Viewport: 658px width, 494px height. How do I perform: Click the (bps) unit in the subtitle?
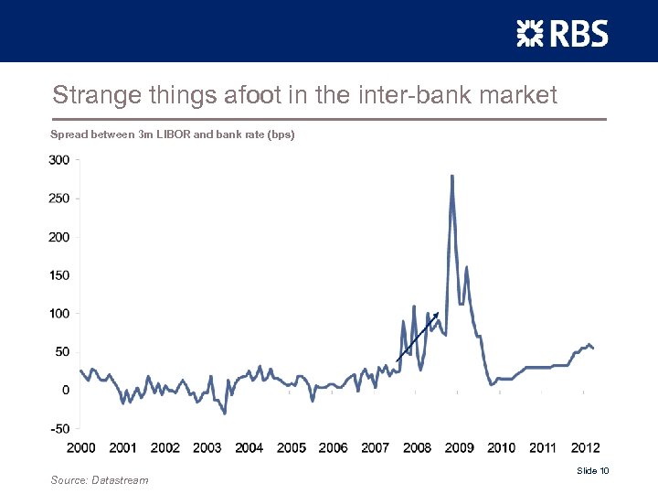[279, 134]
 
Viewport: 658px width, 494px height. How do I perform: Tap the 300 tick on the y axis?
[58, 159]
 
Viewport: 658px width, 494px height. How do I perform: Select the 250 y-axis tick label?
[58, 198]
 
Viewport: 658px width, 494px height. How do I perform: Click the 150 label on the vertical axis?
[58, 274]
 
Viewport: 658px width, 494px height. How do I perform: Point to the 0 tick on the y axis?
[66, 390]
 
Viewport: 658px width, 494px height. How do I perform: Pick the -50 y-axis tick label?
[59, 428]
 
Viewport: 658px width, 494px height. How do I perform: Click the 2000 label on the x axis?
[80, 448]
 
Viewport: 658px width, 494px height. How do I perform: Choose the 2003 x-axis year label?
[207, 448]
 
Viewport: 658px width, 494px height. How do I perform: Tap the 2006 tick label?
[333, 448]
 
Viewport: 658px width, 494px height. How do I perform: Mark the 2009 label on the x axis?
[459, 448]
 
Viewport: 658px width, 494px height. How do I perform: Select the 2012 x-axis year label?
[585, 448]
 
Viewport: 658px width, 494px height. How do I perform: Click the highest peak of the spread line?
[452, 177]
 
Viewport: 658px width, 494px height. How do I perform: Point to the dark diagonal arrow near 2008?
[419, 336]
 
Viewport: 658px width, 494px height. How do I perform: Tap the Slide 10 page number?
[592, 470]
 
